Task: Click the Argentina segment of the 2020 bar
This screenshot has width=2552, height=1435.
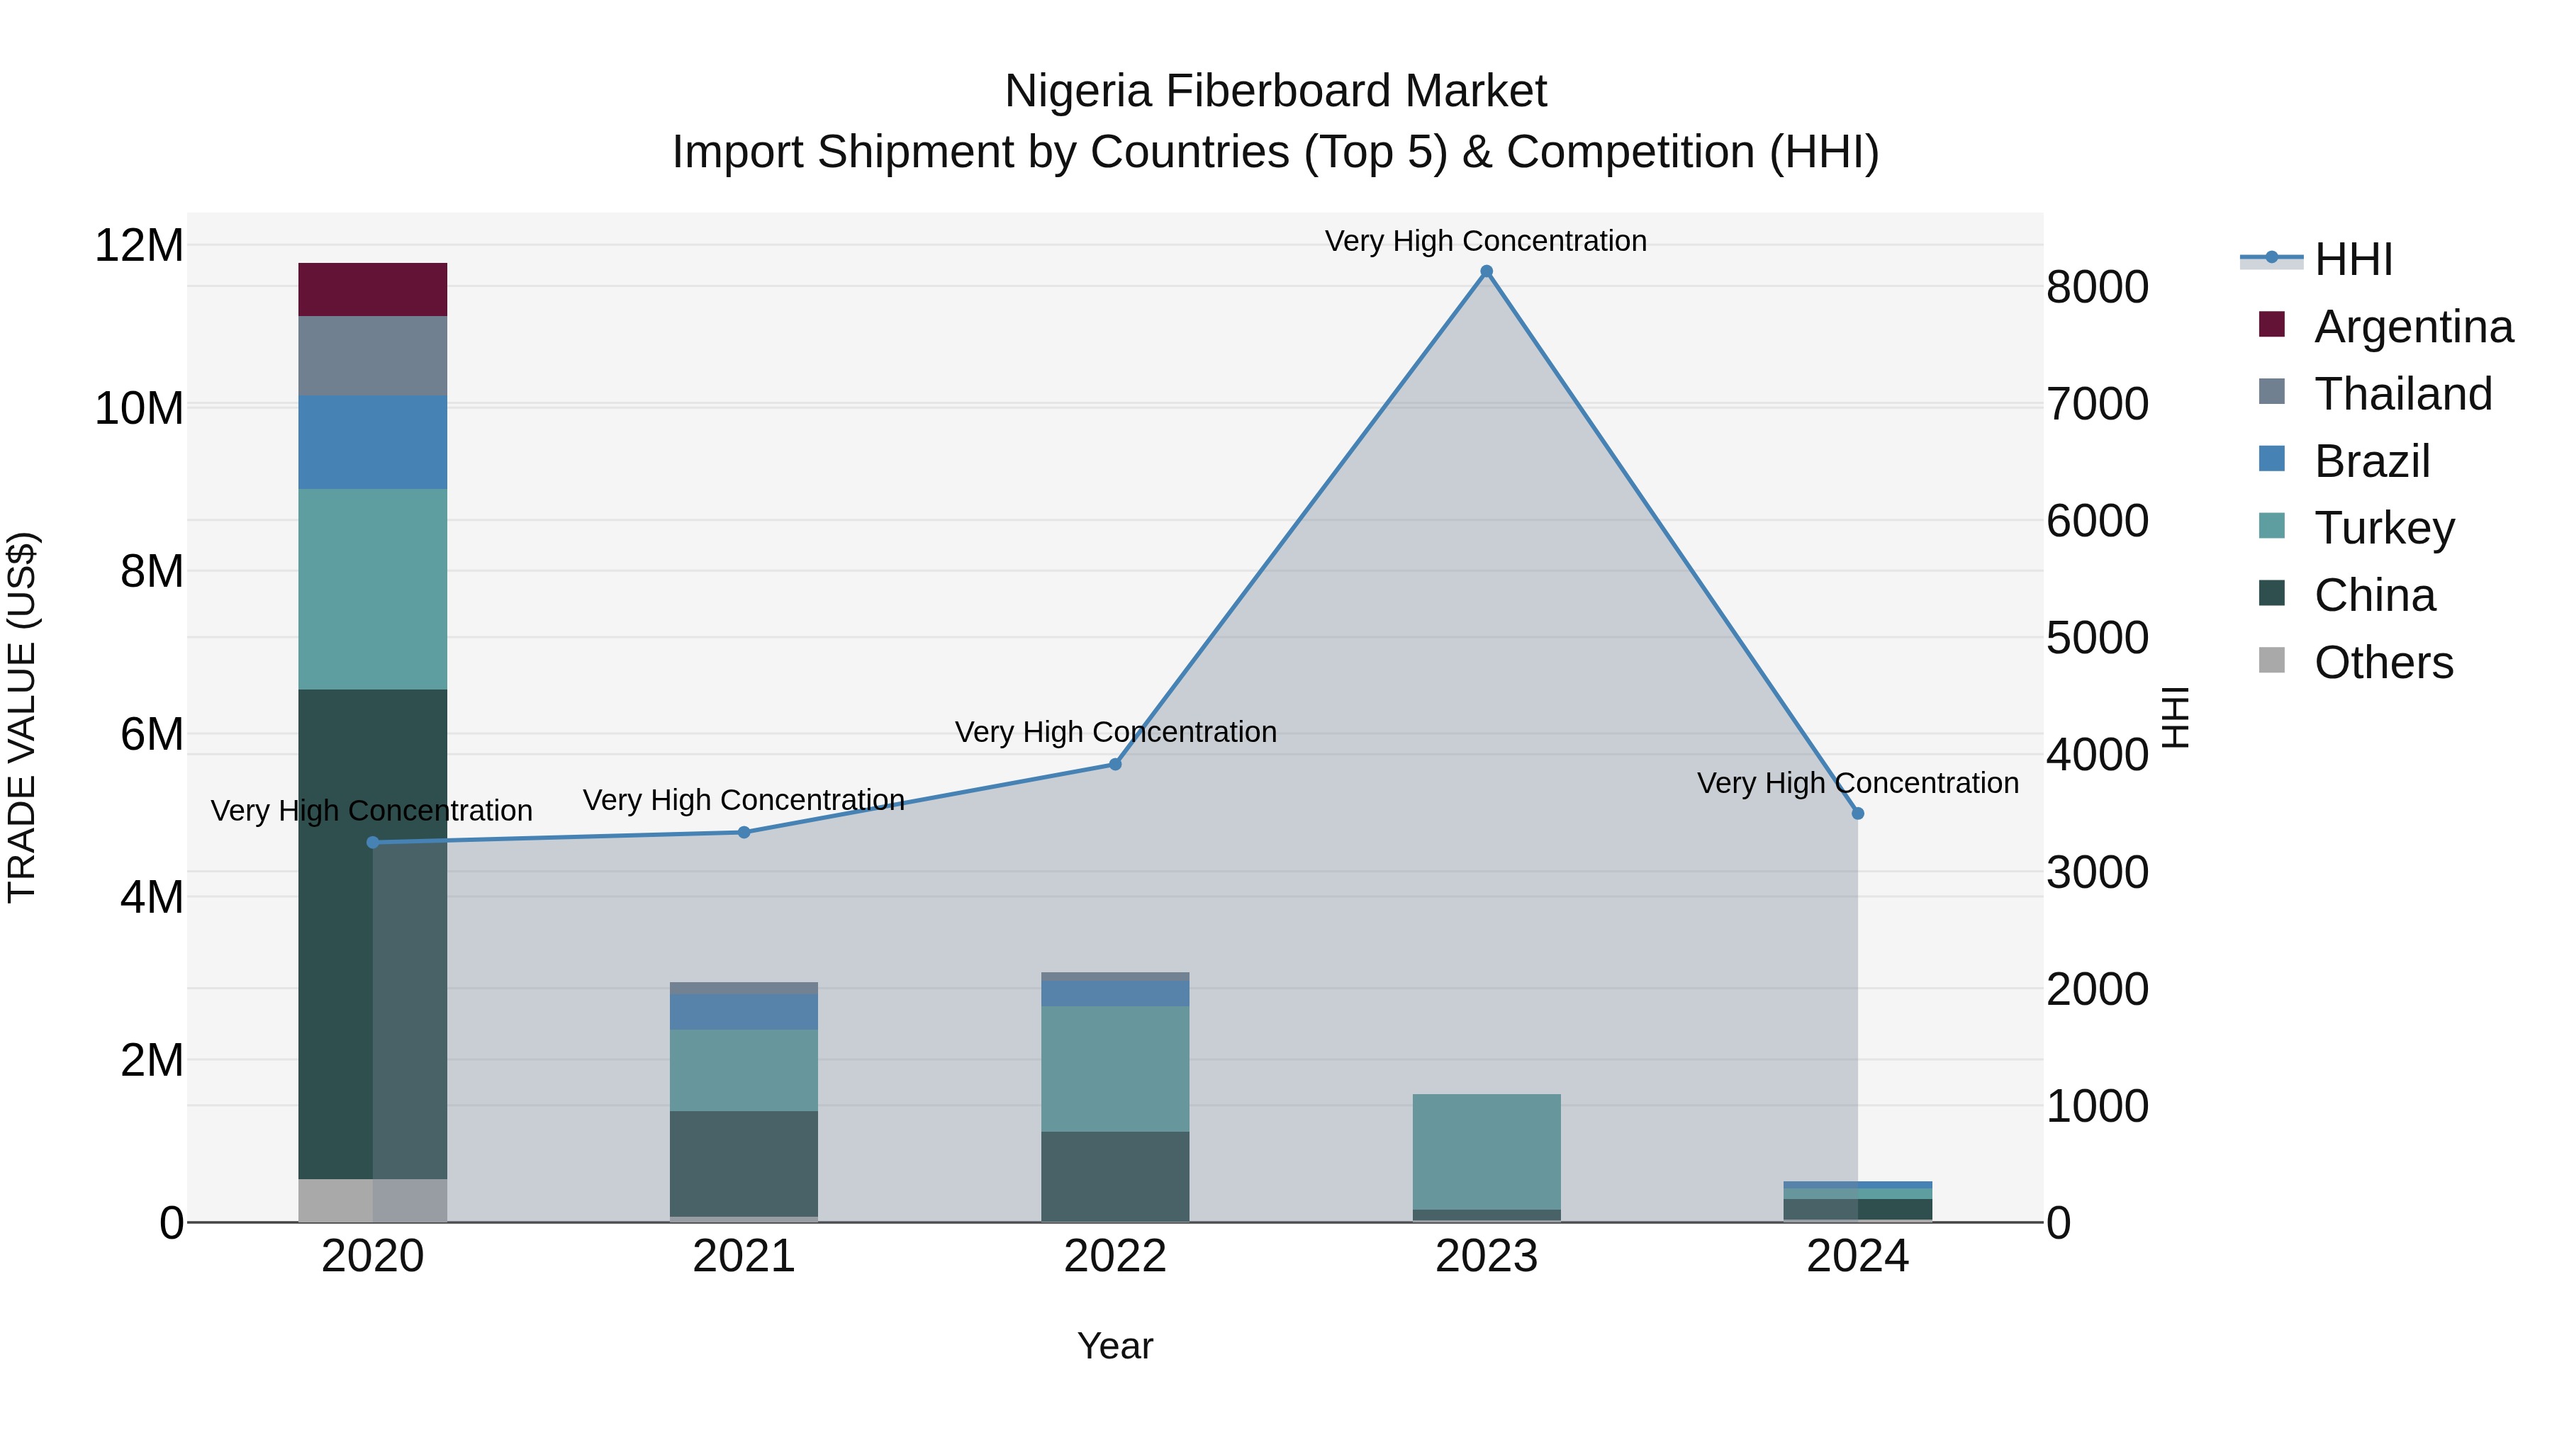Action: pyautogui.click(x=372, y=289)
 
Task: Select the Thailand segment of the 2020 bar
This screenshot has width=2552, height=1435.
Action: pyautogui.click(x=372, y=356)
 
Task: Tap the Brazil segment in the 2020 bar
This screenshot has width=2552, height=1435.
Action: pyautogui.click(x=372, y=441)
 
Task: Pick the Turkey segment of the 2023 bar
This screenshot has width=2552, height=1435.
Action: pyautogui.click(x=1486, y=1151)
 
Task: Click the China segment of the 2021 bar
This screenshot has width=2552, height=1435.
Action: pyautogui.click(x=744, y=1163)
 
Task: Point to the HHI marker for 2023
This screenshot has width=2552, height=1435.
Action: pyautogui.click(x=1486, y=271)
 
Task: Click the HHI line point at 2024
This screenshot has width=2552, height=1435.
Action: pyautogui.click(x=1857, y=813)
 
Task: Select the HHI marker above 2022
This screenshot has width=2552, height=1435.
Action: pyautogui.click(x=1114, y=763)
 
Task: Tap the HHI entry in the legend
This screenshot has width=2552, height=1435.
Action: pyautogui.click(x=2353, y=259)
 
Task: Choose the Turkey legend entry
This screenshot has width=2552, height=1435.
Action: pyautogui.click(x=2383, y=528)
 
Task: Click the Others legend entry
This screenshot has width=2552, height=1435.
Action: pyautogui.click(x=2383, y=663)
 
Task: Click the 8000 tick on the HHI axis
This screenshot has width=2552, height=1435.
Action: pyautogui.click(x=2098, y=287)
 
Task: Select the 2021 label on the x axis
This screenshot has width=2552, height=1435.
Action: pyautogui.click(x=744, y=1256)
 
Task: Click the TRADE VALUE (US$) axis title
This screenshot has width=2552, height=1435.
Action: pyautogui.click(x=23, y=717)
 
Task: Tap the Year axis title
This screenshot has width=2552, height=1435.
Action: pyautogui.click(x=1114, y=1346)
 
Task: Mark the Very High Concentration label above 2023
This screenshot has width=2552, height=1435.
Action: pyautogui.click(x=1485, y=241)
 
